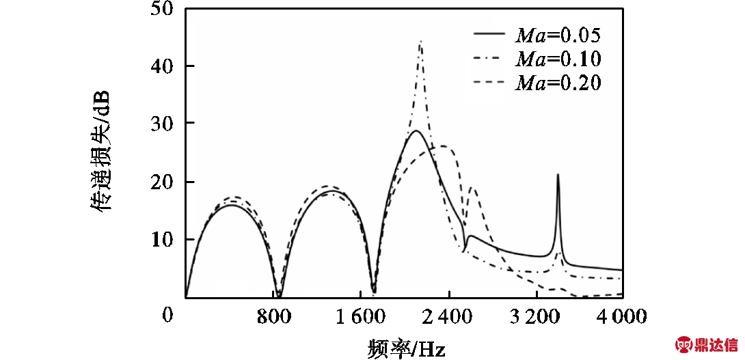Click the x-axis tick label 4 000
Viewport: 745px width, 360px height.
623,316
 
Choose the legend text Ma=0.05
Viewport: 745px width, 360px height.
558,33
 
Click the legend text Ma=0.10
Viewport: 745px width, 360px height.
558,58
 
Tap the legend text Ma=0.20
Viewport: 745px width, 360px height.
558,83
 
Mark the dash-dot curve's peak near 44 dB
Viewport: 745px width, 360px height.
420,42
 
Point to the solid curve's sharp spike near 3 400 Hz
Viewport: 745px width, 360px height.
558,175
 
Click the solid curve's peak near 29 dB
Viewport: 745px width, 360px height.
415,130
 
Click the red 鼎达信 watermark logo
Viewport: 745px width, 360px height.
707,344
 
